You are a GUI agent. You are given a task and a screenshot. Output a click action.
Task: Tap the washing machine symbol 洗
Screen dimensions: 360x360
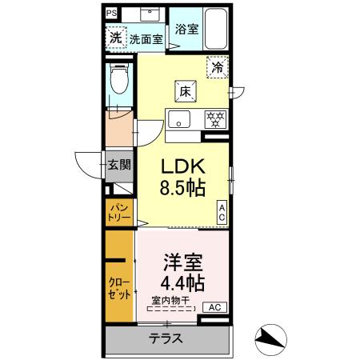(x=115, y=38)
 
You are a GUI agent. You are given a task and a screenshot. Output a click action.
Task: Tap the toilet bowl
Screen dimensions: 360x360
(x=121, y=80)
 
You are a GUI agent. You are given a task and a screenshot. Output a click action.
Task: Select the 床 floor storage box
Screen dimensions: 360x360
(x=183, y=90)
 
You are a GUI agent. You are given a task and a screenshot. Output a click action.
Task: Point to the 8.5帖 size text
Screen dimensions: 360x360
(x=184, y=189)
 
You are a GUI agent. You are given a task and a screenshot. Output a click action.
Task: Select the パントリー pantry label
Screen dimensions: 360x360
(x=118, y=213)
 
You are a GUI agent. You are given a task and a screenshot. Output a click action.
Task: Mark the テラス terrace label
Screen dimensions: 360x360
(x=166, y=338)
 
